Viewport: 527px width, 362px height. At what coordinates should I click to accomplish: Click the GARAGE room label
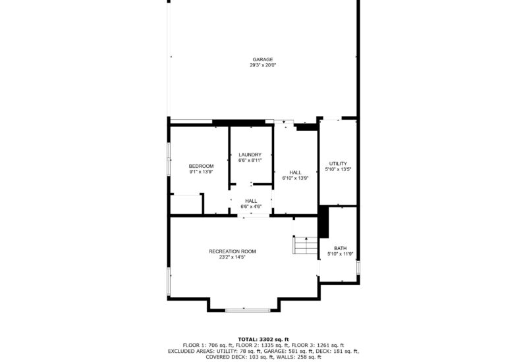(x=262, y=59)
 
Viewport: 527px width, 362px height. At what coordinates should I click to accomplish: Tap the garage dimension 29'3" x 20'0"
(x=262, y=65)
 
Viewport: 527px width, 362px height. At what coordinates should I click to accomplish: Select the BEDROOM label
(x=201, y=166)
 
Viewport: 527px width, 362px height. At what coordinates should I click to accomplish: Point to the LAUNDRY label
(x=250, y=155)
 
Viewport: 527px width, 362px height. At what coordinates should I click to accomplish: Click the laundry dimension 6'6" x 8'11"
(x=250, y=161)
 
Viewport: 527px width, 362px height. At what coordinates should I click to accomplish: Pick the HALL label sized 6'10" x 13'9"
(x=295, y=172)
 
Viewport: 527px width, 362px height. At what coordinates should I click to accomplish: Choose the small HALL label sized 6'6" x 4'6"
(x=251, y=201)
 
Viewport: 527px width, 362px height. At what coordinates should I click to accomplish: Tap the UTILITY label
(x=338, y=163)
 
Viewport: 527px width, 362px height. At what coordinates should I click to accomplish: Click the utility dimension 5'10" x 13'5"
(x=338, y=169)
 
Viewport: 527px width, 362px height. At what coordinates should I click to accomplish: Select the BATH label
(x=340, y=248)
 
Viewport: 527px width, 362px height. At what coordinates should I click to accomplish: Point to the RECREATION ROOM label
(x=233, y=251)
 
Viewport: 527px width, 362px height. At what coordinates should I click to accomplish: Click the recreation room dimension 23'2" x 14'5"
(x=233, y=257)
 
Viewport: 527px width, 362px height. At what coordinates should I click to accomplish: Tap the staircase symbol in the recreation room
(x=305, y=246)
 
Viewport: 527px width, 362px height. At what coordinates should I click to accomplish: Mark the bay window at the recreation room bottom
(x=243, y=309)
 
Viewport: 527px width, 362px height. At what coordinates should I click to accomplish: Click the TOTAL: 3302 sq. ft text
(x=263, y=339)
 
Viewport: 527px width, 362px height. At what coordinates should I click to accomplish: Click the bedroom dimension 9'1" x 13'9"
(x=201, y=172)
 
